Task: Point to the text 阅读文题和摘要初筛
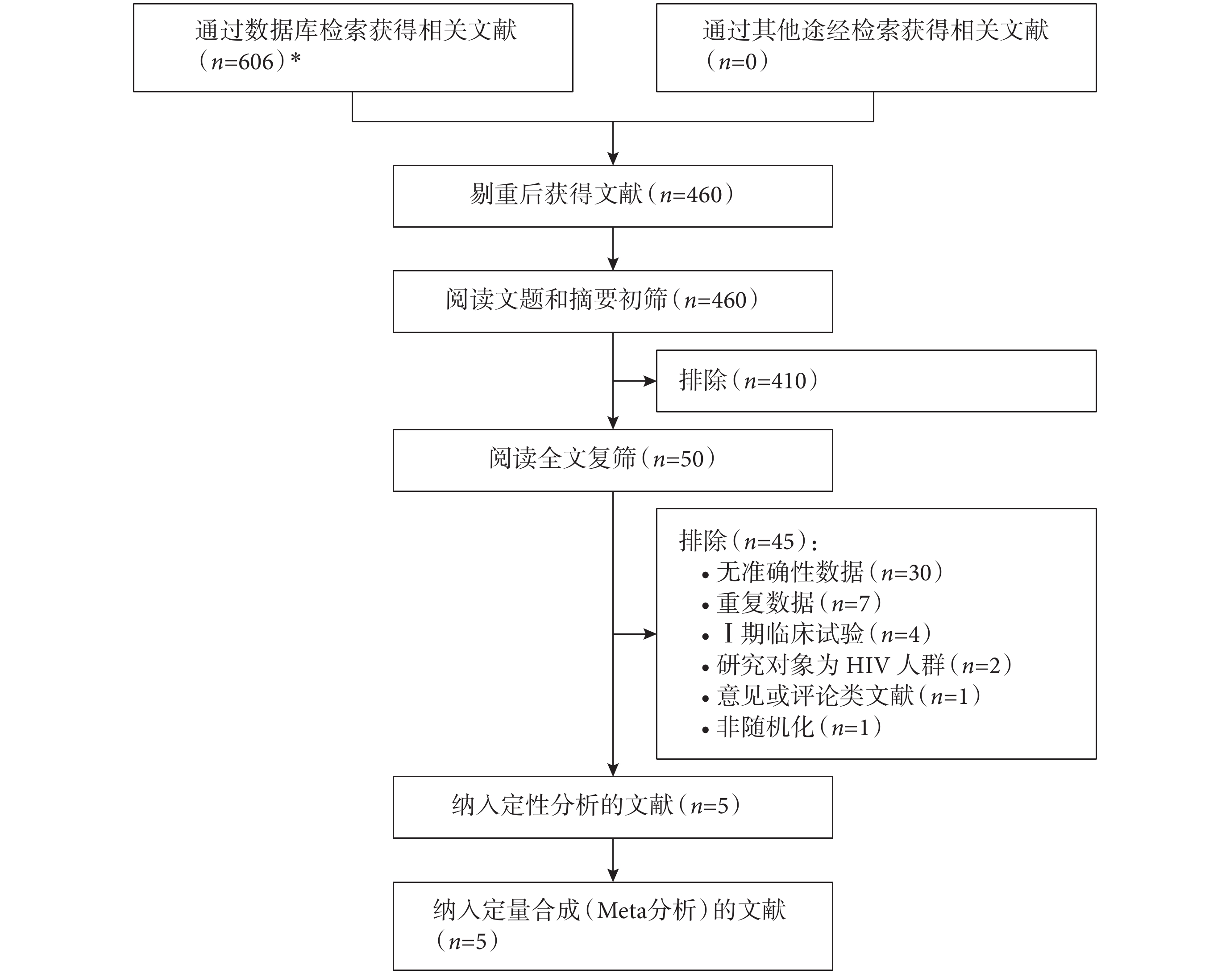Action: click(556, 300)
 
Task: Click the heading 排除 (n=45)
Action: click(748, 541)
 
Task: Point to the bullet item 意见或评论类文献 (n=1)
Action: click(841, 696)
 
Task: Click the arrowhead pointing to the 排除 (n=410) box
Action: click(650, 381)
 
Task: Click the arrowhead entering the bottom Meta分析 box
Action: click(613, 875)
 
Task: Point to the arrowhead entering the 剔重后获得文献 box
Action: click(613, 158)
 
